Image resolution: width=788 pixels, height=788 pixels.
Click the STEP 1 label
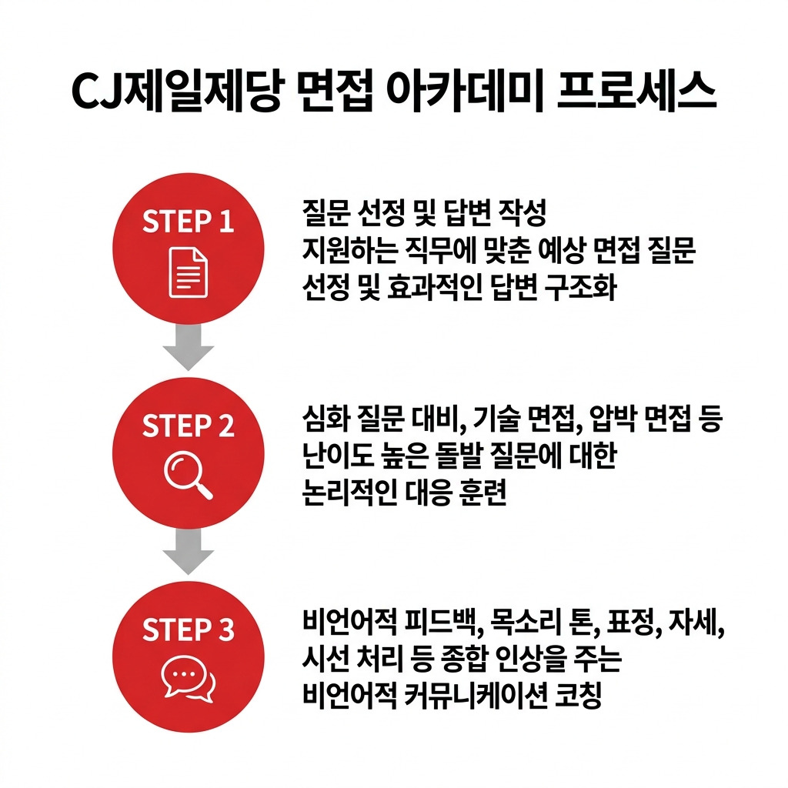pos(188,221)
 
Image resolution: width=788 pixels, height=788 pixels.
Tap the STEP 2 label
pos(188,426)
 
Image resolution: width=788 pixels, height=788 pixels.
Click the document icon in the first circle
pos(188,272)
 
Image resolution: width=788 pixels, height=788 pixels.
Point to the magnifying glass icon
pos(188,475)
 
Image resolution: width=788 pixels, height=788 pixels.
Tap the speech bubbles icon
pos(188,679)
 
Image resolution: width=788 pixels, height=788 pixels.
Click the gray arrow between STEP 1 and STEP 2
pos(188,347)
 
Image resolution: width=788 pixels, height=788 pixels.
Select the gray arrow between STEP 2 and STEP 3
pos(188,551)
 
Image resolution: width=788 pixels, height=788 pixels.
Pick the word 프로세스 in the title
pos(636,92)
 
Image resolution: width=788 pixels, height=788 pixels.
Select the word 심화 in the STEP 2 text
pos(326,419)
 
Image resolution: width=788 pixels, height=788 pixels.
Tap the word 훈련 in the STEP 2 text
pos(482,492)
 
